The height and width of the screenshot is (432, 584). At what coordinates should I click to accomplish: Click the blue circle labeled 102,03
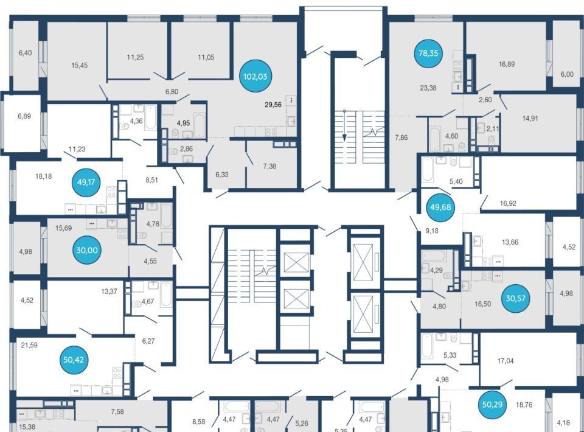pyautogui.click(x=255, y=77)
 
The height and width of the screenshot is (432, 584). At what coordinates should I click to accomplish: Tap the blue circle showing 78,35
pyautogui.click(x=428, y=54)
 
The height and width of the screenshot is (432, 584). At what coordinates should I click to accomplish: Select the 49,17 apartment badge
pyautogui.click(x=86, y=182)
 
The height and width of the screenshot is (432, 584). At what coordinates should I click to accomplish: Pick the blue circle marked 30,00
pyautogui.click(x=87, y=250)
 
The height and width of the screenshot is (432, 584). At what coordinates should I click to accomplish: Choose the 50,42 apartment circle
pyautogui.click(x=74, y=360)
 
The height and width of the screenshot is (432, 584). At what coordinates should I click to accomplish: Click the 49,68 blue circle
pyautogui.click(x=440, y=207)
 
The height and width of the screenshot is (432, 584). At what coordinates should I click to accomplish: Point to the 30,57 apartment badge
pyautogui.click(x=515, y=298)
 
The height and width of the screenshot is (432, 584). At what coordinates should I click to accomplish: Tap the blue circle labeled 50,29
pyautogui.click(x=492, y=404)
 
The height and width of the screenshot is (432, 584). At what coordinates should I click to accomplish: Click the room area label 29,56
pyautogui.click(x=273, y=105)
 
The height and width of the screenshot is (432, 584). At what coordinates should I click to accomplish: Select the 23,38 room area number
pyautogui.click(x=428, y=88)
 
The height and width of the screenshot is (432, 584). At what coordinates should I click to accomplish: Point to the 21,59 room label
pyautogui.click(x=29, y=345)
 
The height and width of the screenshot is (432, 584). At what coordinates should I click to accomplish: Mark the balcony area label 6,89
pyautogui.click(x=24, y=116)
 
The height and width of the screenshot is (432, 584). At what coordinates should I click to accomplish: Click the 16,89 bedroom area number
pyautogui.click(x=507, y=64)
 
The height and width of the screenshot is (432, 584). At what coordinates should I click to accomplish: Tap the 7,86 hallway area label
pyautogui.click(x=401, y=138)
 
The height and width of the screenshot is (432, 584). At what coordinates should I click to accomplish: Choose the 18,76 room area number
pyautogui.click(x=524, y=405)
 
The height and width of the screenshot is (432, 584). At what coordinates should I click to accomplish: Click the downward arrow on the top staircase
pyautogui.click(x=344, y=126)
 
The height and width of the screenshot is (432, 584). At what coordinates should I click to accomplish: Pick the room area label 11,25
pyautogui.click(x=135, y=57)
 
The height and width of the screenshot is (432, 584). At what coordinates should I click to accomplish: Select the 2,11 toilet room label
pyautogui.click(x=492, y=129)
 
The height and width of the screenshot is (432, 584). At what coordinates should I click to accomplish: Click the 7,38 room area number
pyautogui.click(x=269, y=166)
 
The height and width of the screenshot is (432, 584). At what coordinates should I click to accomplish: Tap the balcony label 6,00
pyautogui.click(x=567, y=74)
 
